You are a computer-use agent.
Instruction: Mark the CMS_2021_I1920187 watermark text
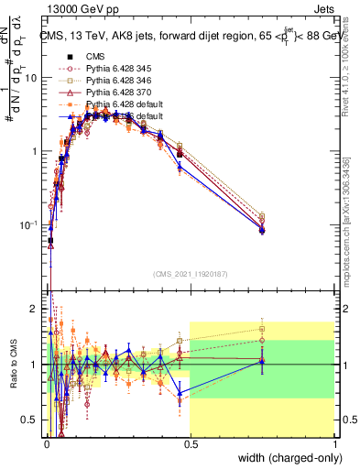(x=190, y=272)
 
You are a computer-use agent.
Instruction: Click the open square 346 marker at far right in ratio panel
(x=262, y=329)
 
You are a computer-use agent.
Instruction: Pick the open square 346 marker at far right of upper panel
(x=262, y=217)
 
